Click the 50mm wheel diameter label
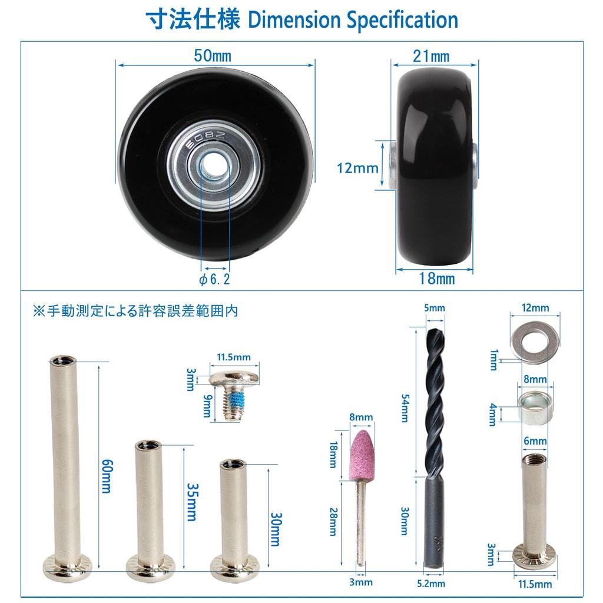point(212,56)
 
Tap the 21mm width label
point(431,57)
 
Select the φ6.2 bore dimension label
point(214,279)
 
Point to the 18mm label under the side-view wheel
point(437,279)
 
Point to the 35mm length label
point(191,502)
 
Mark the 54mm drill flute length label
point(405,407)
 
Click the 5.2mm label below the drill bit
point(430,584)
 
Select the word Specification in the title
point(402,20)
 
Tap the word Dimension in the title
point(294,19)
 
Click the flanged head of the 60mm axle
point(68,565)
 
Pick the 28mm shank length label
point(333,522)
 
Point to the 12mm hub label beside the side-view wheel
point(357,168)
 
